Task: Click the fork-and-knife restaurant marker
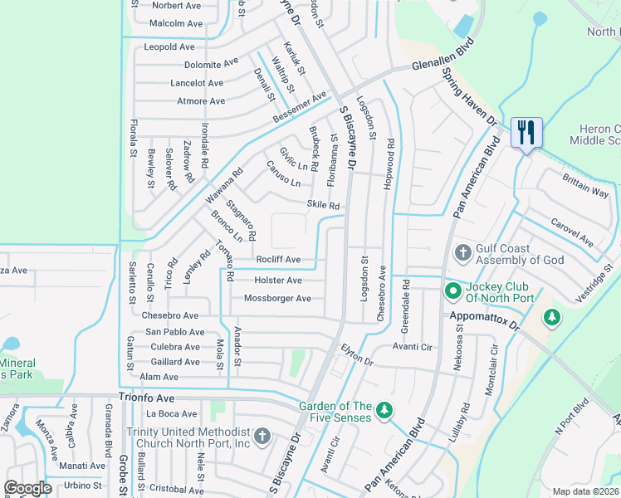pos(526,132)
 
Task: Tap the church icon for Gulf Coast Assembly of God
pos(463,251)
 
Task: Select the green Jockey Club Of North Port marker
pos(452,290)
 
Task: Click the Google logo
pos(28,488)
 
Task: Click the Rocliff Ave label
pos(278,260)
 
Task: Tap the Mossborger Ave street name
pos(277,299)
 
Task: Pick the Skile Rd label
pos(323,205)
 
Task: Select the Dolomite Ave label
pos(211,62)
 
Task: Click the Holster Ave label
pos(278,281)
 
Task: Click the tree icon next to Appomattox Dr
pos(552,317)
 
